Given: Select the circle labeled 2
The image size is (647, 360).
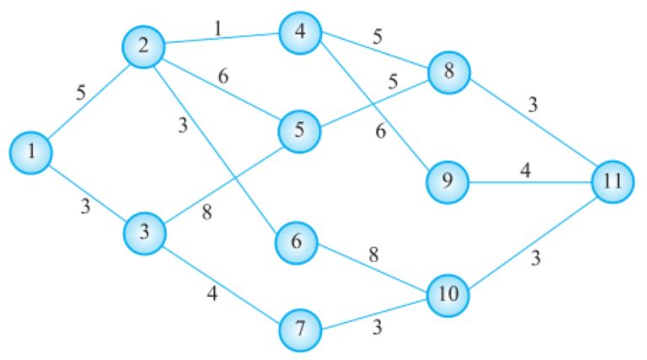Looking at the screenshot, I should point(144,47).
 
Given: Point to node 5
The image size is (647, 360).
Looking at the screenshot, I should point(300,133).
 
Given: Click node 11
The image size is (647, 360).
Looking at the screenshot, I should point(611,181).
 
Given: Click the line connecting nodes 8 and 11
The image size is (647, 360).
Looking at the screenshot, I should point(531,127).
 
